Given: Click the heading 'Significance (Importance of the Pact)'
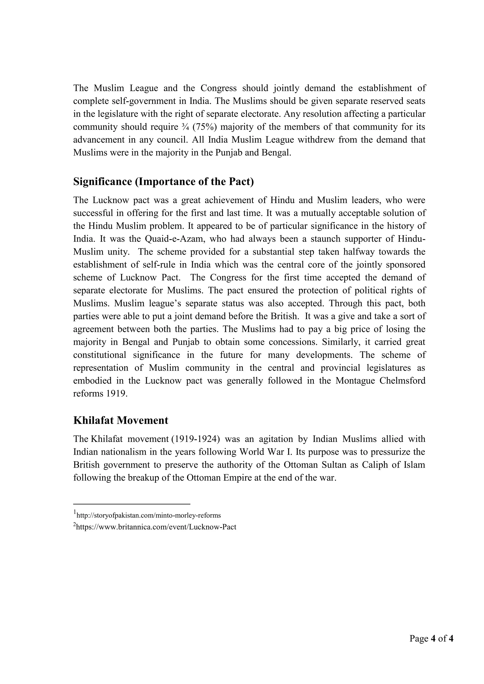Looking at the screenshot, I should point(163,181).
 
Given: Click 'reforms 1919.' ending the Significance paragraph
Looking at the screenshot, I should point(100,393).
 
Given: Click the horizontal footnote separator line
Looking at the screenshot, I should point(132,504).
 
